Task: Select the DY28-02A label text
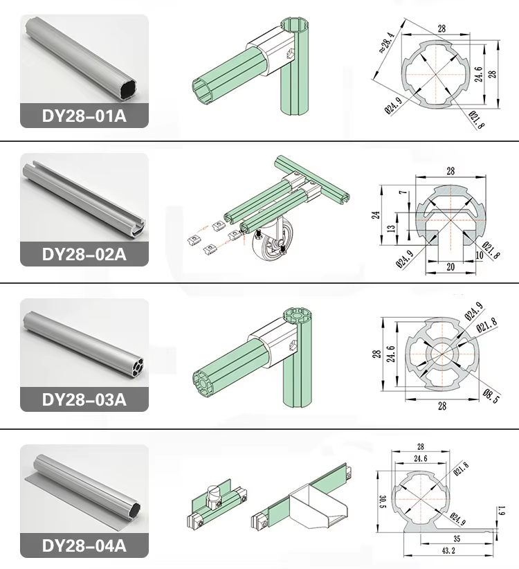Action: [84, 253]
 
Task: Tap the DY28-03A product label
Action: [84, 399]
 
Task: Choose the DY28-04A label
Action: [84, 545]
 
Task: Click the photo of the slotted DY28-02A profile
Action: [84, 197]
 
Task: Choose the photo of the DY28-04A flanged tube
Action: [84, 488]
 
